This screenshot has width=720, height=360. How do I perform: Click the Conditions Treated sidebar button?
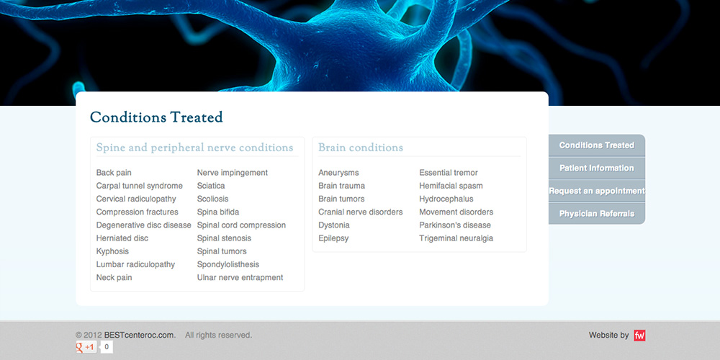click(x=596, y=145)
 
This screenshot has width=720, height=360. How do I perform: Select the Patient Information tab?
click(x=596, y=168)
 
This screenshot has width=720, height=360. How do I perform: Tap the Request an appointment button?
click(x=596, y=192)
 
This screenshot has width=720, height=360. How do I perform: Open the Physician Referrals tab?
click(x=596, y=214)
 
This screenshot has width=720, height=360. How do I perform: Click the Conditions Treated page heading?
click(x=156, y=117)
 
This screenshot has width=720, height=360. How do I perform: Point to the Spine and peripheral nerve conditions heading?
click(x=194, y=148)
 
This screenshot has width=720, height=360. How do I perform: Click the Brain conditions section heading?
click(x=361, y=148)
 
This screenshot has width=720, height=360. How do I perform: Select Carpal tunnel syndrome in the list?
click(x=140, y=186)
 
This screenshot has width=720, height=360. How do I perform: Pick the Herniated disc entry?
click(x=122, y=238)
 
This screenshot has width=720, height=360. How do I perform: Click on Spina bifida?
click(x=218, y=212)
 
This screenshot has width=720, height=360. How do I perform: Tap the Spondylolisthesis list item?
click(x=228, y=265)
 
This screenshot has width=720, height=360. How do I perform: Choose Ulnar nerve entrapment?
click(x=240, y=278)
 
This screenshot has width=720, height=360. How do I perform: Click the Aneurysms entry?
click(x=338, y=173)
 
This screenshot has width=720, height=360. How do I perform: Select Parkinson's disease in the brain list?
click(x=455, y=225)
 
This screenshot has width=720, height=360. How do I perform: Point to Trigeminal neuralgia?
click(x=456, y=238)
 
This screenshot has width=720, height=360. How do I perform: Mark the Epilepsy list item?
click(x=333, y=238)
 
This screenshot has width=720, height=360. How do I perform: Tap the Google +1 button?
click(x=86, y=347)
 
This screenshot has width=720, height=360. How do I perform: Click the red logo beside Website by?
click(x=639, y=336)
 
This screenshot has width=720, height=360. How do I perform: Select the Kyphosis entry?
click(x=112, y=251)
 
